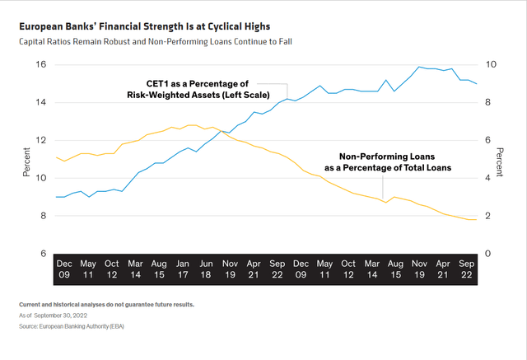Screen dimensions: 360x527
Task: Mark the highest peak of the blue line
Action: coord(420,67)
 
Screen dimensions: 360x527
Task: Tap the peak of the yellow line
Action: coord(193,125)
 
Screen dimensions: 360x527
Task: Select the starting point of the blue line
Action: coord(56,197)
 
